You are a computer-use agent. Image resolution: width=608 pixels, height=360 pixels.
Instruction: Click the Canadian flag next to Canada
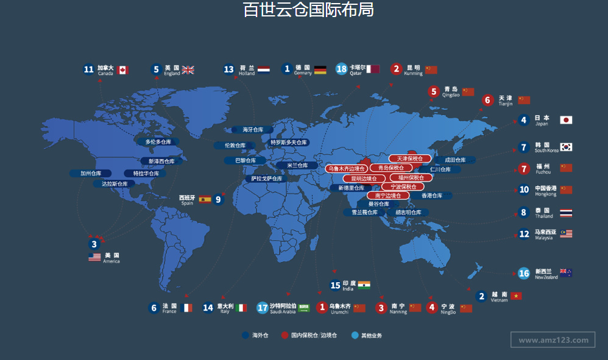click(x=122, y=70)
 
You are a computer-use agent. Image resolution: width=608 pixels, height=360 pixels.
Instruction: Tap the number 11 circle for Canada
click(x=89, y=69)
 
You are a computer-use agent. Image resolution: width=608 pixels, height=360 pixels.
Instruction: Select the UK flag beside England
click(x=188, y=70)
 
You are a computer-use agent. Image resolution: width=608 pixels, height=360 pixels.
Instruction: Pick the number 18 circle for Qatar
click(x=341, y=69)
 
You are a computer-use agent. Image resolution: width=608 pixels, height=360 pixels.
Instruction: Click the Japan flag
click(x=566, y=120)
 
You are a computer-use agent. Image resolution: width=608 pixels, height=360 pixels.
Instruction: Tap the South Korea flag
click(x=566, y=147)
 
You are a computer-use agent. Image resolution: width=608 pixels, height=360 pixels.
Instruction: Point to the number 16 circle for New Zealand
click(x=524, y=274)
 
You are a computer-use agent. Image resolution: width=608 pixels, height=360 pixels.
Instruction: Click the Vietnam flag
click(x=517, y=296)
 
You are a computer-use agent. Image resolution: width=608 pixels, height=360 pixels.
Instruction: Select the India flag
click(x=364, y=285)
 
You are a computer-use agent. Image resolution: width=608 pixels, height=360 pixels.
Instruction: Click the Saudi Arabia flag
click(x=303, y=308)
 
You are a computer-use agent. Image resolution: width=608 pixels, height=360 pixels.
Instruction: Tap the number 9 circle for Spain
click(x=219, y=199)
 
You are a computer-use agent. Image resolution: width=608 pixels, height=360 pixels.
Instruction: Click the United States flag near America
click(x=94, y=257)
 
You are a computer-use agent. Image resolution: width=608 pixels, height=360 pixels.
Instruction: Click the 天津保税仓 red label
click(x=410, y=159)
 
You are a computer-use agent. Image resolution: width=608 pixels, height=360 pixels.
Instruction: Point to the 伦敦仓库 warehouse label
click(x=235, y=146)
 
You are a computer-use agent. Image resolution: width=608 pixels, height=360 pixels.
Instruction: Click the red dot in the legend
click(x=285, y=335)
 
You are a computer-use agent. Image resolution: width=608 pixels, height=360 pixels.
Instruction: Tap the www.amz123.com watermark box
click(x=553, y=340)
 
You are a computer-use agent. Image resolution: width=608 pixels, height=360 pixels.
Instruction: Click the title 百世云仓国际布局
click(x=308, y=10)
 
